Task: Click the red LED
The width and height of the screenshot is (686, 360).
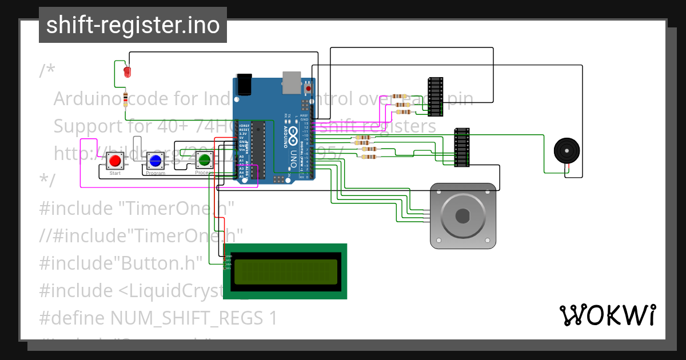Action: click(127, 71)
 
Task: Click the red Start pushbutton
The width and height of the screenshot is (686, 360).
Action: click(115, 160)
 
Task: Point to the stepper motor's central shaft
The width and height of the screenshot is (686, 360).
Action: click(462, 216)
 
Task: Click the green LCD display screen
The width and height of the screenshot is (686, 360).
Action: click(285, 271)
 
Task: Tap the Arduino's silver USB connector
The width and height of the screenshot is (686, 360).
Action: click(292, 82)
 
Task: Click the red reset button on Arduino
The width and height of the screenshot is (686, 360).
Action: click(309, 89)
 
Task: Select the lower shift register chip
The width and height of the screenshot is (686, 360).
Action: click(462, 147)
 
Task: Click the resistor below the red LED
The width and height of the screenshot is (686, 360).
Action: click(126, 99)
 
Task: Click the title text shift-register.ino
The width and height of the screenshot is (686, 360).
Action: click(133, 25)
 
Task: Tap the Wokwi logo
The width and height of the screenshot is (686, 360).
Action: click(607, 315)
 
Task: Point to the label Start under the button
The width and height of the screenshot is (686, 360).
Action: click(115, 173)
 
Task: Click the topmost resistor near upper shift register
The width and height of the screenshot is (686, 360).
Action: click(400, 96)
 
